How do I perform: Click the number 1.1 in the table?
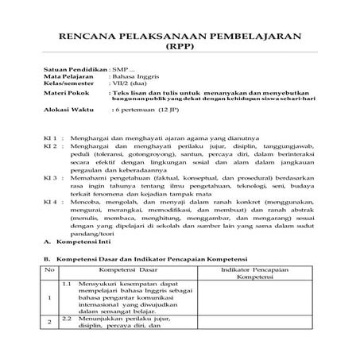pos(67,284)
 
